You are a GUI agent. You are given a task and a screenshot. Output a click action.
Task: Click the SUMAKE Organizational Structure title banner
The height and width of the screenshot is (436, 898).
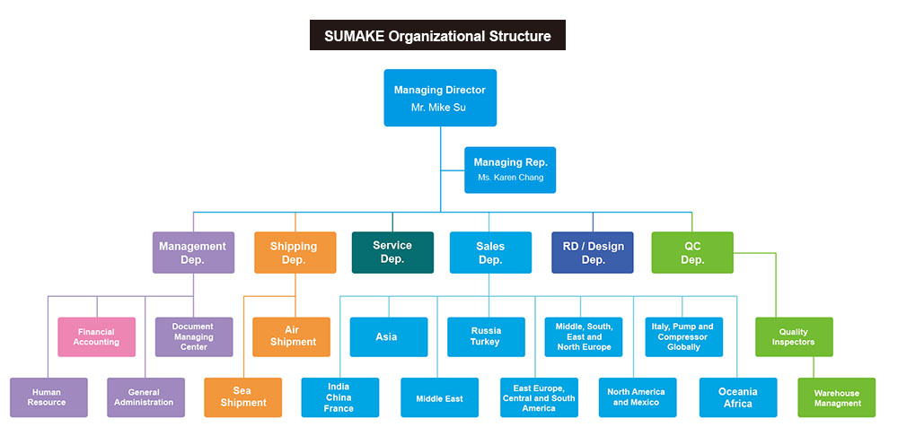click(437, 37)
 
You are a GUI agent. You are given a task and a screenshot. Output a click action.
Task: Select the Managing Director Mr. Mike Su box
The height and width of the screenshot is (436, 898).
click(440, 98)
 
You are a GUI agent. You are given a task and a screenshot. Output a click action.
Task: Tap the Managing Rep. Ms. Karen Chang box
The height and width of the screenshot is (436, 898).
click(510, 170)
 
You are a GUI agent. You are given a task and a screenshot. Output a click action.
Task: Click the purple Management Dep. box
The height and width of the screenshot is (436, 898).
click(193, 253)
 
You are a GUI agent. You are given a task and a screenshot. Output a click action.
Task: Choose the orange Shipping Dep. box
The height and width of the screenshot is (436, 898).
click(295, 253)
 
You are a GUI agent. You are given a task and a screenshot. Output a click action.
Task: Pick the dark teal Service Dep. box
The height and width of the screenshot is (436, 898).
click(392, 252)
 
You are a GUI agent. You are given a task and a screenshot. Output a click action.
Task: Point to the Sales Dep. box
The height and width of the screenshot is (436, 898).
click(489, 253)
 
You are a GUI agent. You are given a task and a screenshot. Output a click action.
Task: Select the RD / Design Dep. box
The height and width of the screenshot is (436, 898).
click(593, 253)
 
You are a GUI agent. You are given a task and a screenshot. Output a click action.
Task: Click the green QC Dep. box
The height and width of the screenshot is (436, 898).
click(692, 253)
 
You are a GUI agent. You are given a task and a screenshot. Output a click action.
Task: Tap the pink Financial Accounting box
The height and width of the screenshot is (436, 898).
click(97, 337)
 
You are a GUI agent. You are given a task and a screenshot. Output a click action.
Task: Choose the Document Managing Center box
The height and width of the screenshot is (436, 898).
click(193, 337)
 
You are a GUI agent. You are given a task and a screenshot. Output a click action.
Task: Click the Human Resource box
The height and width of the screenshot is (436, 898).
click(48, 397)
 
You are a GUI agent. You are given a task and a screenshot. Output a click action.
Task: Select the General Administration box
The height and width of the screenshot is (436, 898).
click(145, 397)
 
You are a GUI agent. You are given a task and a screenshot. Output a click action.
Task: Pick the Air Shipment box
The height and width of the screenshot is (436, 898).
click(292, 337)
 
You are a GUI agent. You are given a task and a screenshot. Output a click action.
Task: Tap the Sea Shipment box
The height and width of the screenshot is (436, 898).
click(242, 397)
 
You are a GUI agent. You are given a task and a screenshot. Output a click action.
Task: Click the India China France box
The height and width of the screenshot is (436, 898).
click(339, 397)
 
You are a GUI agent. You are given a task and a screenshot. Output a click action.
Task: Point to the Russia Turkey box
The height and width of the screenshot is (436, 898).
click(486, 337)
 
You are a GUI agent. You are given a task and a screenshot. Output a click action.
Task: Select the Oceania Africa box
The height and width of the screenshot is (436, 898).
click(738, 397)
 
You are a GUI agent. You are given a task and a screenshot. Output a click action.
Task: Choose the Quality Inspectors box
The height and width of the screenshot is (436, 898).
click(794, 337)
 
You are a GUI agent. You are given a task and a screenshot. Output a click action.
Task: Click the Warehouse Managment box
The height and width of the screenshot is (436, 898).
click(837, 397)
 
